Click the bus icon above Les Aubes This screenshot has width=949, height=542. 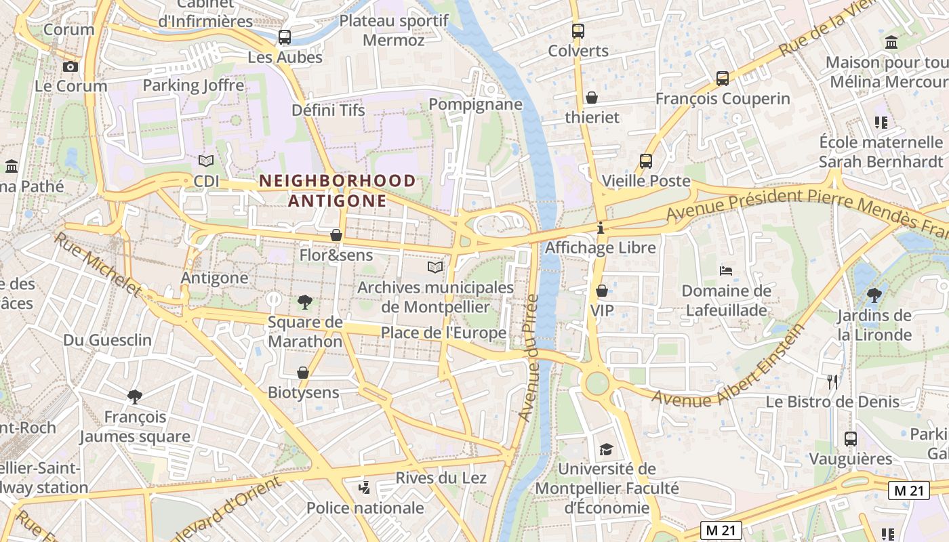(285, 37)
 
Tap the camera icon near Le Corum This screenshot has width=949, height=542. (70, 66)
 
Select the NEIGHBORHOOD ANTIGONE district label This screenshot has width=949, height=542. (337, 191)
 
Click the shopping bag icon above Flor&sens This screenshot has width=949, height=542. (336, 235)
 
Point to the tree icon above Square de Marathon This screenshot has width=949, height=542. (305, 302)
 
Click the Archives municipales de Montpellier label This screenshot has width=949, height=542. (435, 297)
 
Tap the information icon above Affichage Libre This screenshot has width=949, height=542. (601, 228)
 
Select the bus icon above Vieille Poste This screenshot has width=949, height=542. (646, 161)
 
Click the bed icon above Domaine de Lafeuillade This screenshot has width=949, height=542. (726, 271)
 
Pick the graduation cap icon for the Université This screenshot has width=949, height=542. (606, 449)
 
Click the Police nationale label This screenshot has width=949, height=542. (365, 508)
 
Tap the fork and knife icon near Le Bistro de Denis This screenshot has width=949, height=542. (832, 382)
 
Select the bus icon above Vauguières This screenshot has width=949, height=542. (851, 439)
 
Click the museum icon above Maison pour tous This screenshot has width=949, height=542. (891, 43)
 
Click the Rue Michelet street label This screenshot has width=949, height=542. (98, 264)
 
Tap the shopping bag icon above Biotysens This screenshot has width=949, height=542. (303, 373)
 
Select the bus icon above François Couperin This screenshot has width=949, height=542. (723, 79)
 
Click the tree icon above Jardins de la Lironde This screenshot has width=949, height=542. (874, 295)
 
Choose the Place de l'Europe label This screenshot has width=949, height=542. (443, 333)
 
